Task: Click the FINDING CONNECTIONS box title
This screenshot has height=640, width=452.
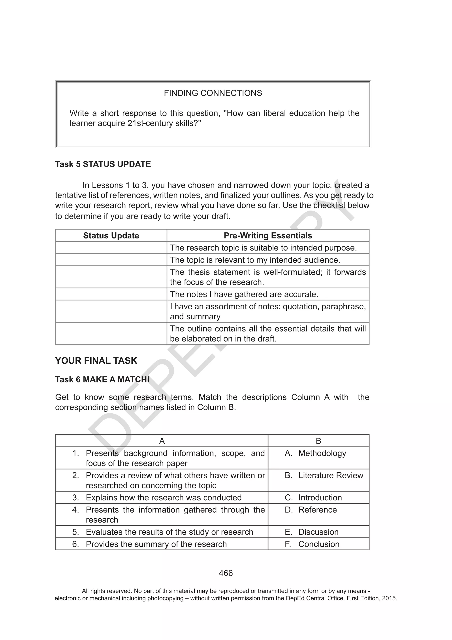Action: tap(213, 93)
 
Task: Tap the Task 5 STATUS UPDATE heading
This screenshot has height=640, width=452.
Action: tap(103, 164)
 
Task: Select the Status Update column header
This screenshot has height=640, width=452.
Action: tap(111, 235)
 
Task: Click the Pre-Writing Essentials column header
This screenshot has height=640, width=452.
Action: tap(268, 235)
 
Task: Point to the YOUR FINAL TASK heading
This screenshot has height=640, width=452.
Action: tap(96, 361)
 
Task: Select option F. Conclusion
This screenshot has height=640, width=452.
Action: tap(312, 544)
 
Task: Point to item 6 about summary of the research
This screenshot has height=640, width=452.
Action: tap(156, 544)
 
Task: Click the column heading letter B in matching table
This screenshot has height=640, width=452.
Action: tap(319, 441)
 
